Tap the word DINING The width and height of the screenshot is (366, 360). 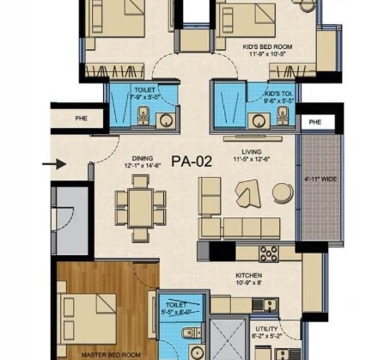click(143, 157)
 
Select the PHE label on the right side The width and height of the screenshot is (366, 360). click(314, 123)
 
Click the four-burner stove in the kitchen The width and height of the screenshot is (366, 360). click(268, 253)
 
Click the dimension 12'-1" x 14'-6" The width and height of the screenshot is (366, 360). click(142, 165)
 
